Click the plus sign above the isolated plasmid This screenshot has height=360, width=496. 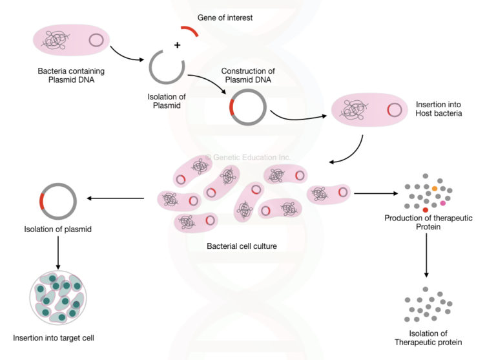(x=176, y=46)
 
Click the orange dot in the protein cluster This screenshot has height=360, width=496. (x=435, y=187)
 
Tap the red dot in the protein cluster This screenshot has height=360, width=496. (x=425, y=210)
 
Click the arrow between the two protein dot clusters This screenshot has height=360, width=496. (x=427, y=259)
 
